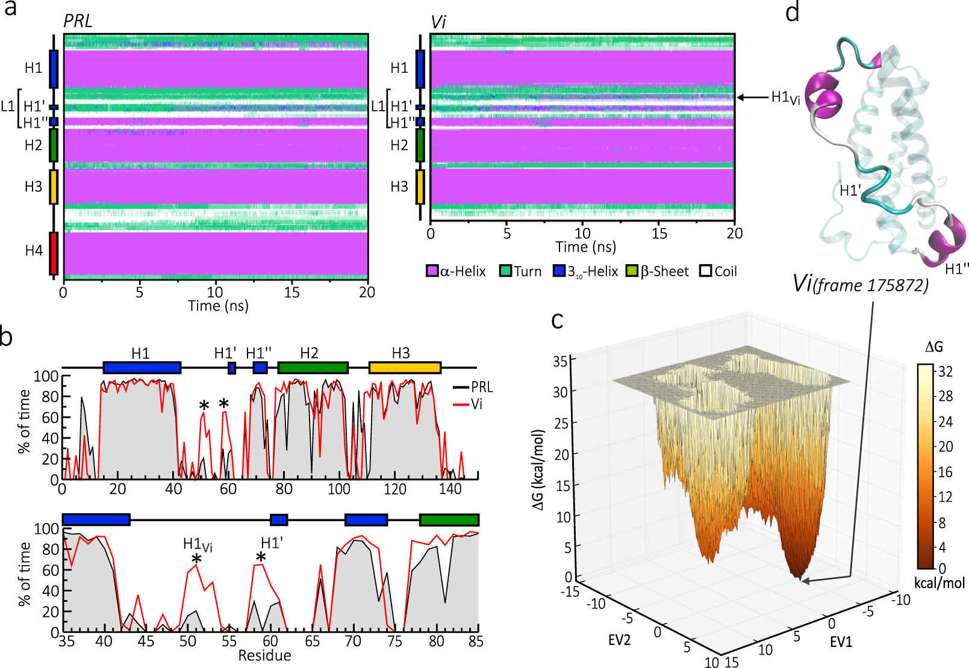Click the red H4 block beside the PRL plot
(54, 253)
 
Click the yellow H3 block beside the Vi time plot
(420, 187)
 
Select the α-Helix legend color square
(432, 271)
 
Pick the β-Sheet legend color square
(632, 271)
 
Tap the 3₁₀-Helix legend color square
(559, 271)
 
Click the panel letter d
(793, 12)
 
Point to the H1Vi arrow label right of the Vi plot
(785, 97)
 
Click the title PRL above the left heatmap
(78, 22)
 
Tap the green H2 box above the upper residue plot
(313, 368)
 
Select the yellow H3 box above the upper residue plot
(404, 368)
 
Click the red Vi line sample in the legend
(461, 404)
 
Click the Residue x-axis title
(264, 655)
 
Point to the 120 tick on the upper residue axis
(394, 489)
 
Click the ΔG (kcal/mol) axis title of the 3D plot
(538, 469)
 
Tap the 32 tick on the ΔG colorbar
(946, 371)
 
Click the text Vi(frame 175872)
(861, 284)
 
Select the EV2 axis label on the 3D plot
(618, 640)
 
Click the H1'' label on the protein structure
(957, 269)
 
